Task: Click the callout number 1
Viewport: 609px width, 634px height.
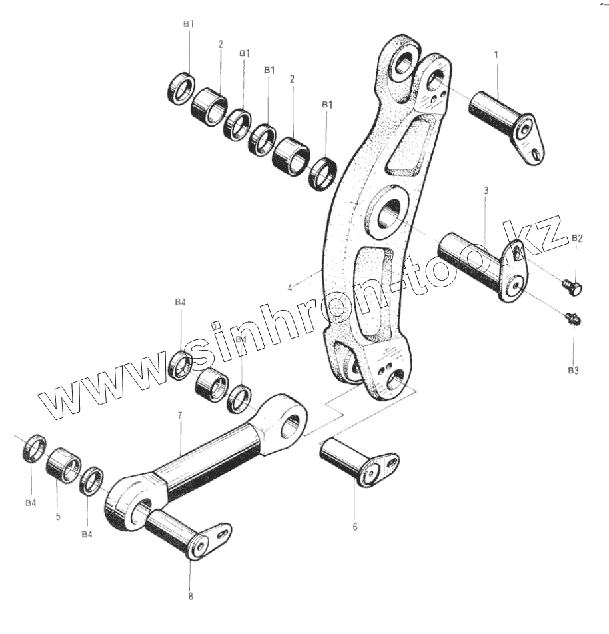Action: point(496,53)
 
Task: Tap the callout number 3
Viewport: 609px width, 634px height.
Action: point(486,191)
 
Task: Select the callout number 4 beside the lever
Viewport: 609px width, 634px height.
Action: point(290,288)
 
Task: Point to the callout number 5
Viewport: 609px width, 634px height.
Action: point(58,516)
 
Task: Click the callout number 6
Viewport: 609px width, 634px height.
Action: point(354,527)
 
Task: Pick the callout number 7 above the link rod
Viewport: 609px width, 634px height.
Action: point(179,415)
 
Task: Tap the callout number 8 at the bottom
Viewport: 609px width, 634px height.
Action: point(191,596)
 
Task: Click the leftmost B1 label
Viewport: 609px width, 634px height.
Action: point(189,24)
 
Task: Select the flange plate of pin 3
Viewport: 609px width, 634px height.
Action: point(515,273)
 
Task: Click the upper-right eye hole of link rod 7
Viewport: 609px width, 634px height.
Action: point(291,423)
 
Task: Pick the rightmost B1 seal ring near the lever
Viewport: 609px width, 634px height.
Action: point(324,173)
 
